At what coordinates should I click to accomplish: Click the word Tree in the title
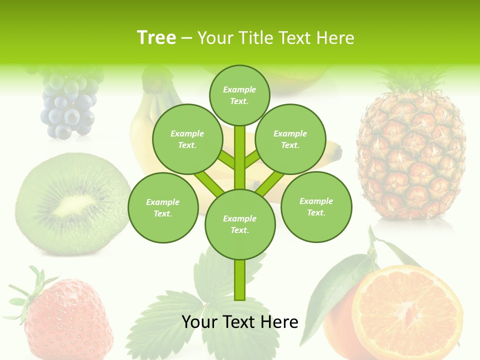pyautogui.click(x=156, y=37)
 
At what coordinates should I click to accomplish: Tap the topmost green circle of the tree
pyautogui.click(x=239, y=95)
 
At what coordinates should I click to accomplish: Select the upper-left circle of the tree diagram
pyautogui.click(x=187, y=139)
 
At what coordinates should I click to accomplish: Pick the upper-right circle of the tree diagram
pyautogui.click(x=290, y=139)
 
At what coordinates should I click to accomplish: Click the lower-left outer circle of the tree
pyautogui.click(x=162, y=207)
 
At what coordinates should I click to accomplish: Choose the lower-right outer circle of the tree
pyautogui.click(x=316, y=206)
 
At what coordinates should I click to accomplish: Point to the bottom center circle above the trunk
pyautogui.click(x=239, y=224)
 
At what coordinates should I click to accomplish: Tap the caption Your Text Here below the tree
pyautogui.click(x=239, y=322)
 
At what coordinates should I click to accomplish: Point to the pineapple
pyautogui.click(x=411, y=155)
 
